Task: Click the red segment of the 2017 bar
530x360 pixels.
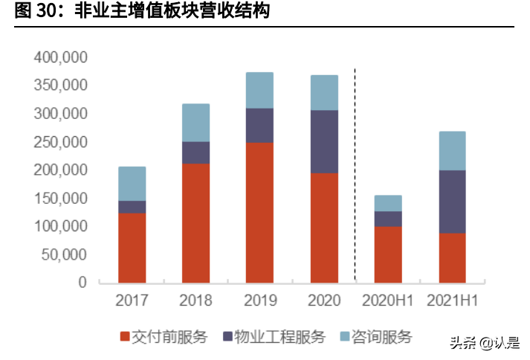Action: (132, 248)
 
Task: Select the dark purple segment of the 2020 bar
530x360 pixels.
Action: (324, 141)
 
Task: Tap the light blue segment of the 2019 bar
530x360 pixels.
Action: (259, 90)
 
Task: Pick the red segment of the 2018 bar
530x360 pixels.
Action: (195, 222)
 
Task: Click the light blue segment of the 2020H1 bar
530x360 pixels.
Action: (388, 203)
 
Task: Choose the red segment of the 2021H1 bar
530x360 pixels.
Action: (452, 257)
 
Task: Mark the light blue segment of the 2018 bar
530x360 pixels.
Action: (195, 123)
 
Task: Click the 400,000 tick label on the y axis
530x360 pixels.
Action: (60, 57)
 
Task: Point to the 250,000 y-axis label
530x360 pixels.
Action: (60, 142)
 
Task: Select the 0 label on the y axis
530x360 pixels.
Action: (83, 283)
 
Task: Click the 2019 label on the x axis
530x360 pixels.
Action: (259, 301)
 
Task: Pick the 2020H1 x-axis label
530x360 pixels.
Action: (388, 301)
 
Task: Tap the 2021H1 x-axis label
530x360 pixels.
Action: (452, 301)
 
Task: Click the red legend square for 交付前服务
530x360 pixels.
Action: (125, 337)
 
